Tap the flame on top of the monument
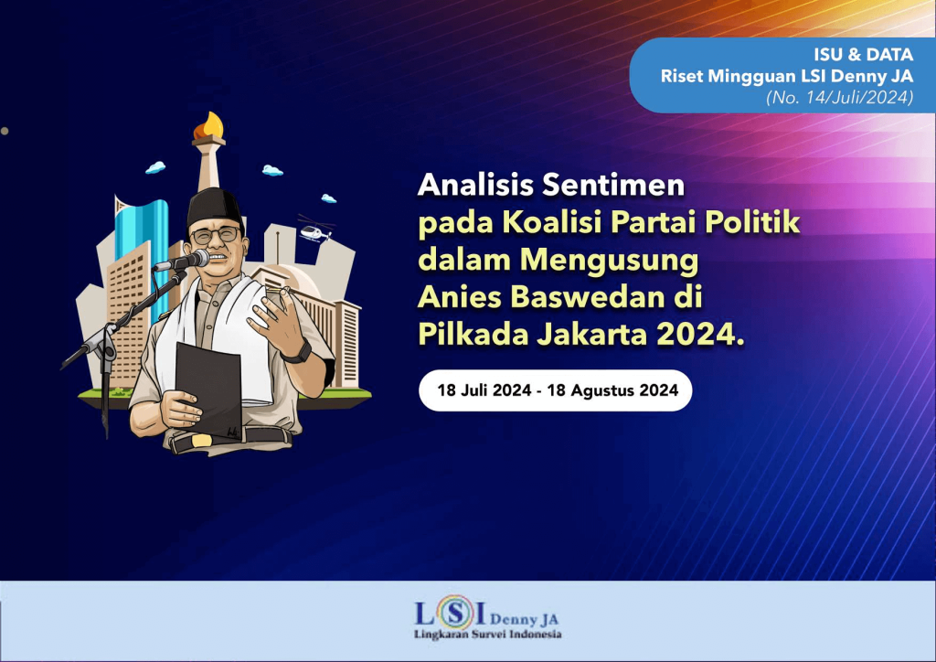[212, 124]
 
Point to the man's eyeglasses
[216, 235]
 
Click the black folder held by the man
[208, 389]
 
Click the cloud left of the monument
[156, 167]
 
